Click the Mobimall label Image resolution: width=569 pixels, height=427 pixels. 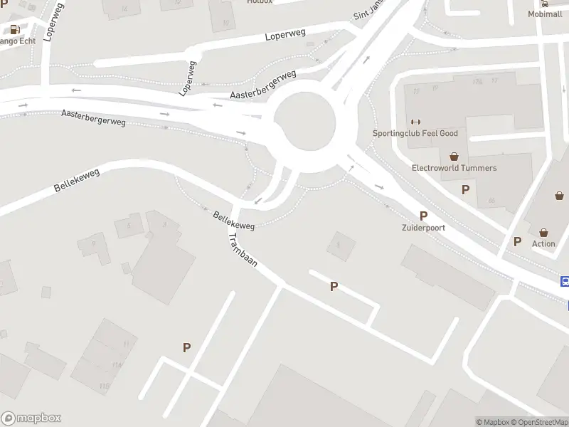pos(545,14)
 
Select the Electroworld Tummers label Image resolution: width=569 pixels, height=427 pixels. pos(454,168)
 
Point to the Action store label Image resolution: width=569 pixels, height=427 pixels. pos(543,243)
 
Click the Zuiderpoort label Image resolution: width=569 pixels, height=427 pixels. pos(422,228)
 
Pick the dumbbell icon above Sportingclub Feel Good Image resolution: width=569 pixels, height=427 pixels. pos(416,121)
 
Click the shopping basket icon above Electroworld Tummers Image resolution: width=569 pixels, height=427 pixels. pos(454,156)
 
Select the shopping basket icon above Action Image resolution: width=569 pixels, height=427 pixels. pos(543,232)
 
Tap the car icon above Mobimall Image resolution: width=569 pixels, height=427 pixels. pos(545,4)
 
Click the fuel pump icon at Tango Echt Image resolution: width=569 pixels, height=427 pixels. pos(14,29)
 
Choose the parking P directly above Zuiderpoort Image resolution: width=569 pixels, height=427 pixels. pos(423,216)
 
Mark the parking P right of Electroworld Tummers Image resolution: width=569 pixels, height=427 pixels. pos(465,189)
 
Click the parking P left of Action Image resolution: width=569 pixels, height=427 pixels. pos(517,242)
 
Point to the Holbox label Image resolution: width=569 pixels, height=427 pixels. pos(260,2)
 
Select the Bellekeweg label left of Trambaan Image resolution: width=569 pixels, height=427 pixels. pos(233,219)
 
